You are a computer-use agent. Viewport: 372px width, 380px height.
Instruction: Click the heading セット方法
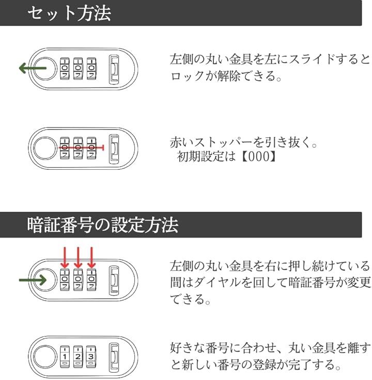[69, 13]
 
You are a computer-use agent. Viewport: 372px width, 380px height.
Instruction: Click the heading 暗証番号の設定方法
[103, 225]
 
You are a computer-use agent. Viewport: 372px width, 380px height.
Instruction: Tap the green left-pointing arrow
[33, 68]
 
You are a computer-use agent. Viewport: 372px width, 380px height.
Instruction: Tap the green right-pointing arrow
[33, 280]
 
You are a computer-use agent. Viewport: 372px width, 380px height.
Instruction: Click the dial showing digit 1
[65, 356]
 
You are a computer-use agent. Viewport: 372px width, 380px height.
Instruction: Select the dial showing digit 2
[78, 356]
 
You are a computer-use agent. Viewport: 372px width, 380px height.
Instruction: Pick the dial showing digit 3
[91, 356]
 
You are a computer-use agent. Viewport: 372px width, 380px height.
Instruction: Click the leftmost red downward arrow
[65, 257]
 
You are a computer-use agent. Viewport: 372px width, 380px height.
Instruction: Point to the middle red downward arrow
[78, 257]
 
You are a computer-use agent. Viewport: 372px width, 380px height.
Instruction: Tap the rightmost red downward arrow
[91, 257]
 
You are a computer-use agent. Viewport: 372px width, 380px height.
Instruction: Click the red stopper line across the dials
[81, 148]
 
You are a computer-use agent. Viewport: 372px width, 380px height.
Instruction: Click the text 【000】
[259, 156]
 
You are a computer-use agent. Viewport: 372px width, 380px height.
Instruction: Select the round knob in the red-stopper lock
[45, 148]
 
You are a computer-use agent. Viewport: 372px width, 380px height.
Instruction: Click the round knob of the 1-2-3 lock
[45, 356]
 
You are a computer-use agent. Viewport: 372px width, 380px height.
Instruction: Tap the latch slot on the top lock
[114, 69]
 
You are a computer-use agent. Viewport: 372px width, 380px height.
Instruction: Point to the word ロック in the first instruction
[188, 76]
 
